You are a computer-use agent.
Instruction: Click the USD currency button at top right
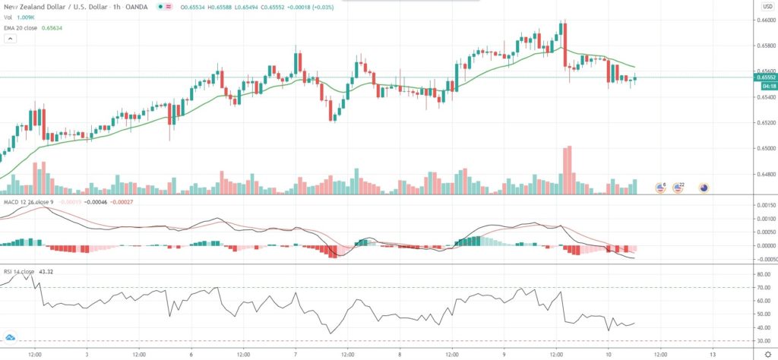pos(767,6)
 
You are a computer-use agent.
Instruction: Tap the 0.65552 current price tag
pos(766,77)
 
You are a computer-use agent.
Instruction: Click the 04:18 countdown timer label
pos(765,85)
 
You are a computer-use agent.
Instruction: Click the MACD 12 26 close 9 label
pos(28,203)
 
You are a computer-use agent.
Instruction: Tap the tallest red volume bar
pos(567,171)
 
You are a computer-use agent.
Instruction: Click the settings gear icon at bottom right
pos(767,354)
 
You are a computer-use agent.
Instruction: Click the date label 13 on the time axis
pos(713,354)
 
